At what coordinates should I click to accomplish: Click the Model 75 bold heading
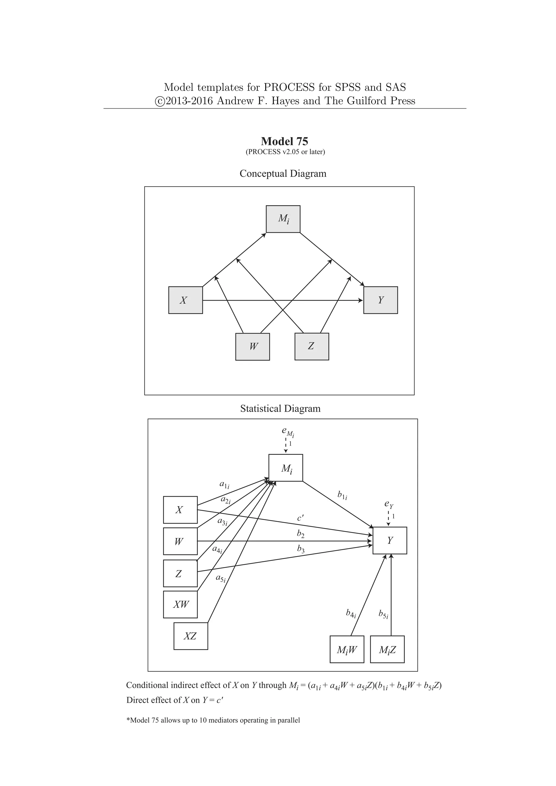click(x=284, y=141)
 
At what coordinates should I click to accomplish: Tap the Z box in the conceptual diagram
click(x=312, y=346)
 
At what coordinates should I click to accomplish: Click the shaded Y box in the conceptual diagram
click(x=380, y=300)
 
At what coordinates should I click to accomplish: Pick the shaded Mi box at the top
click(x=283, y=219)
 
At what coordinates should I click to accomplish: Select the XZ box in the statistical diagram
click(x=190, y=636)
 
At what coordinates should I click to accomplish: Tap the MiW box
click(x=346, y=649)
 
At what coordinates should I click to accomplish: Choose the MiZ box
click(x=387, y=649)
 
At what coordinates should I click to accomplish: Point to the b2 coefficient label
click(x=300, y=533)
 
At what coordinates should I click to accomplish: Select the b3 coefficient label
click(x=301, y=549)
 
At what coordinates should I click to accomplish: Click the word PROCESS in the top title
click(x=289, y=87)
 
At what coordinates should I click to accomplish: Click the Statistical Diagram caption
click(x=280, y=408)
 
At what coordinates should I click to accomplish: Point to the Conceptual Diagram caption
click(x=283, y=173)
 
